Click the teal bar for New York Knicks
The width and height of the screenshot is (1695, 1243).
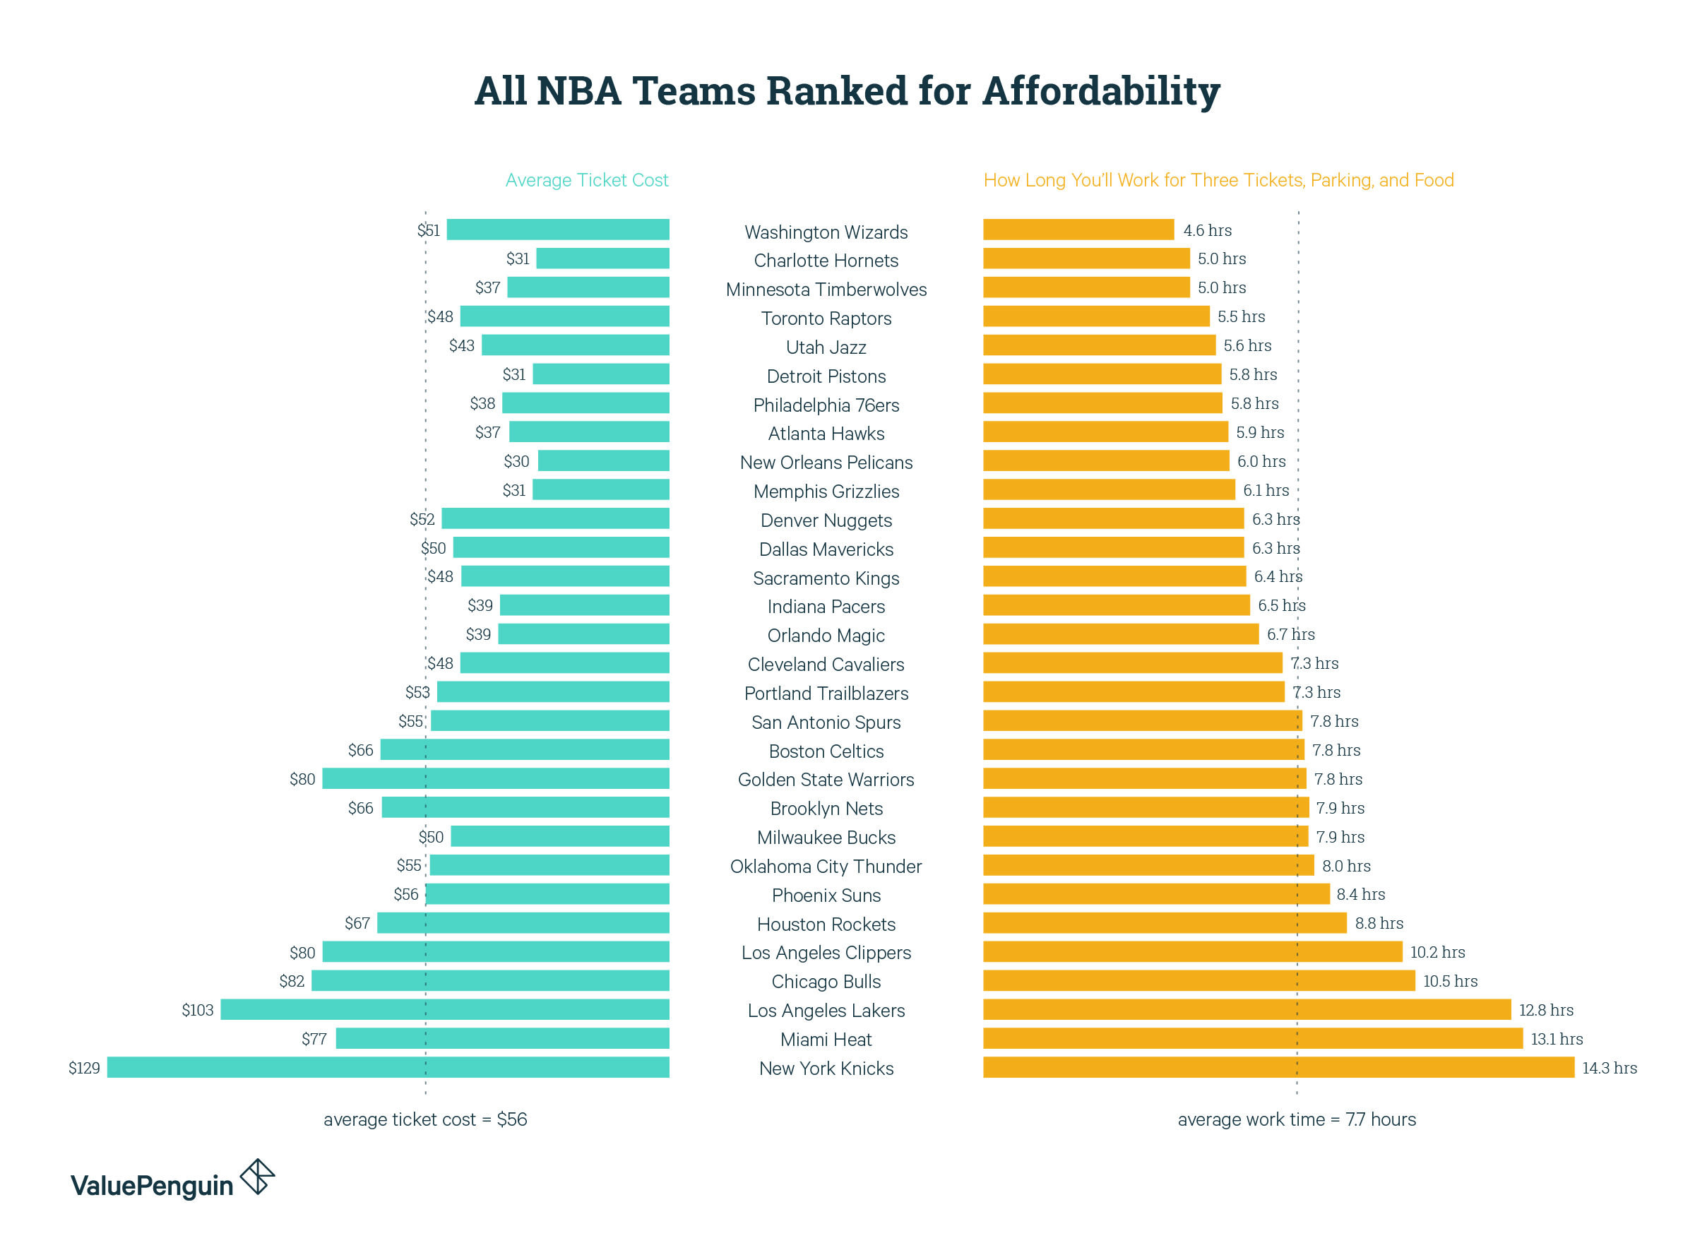coord(388,1067)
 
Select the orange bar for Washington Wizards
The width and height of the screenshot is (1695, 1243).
coord(1077,230)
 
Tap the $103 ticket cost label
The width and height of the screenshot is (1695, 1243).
coord(197,1010)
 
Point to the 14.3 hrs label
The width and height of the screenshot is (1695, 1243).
coord(1608,1068)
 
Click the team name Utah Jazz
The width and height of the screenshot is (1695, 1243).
coord(826,347)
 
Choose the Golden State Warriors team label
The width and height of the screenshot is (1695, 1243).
coord(826,780)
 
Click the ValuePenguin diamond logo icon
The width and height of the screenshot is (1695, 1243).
coord(257,1176)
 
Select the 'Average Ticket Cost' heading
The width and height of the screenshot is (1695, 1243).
coord(586,180)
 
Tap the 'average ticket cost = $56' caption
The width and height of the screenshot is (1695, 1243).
coord(425,1119)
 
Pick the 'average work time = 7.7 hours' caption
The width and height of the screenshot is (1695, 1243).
coord(1295,1119)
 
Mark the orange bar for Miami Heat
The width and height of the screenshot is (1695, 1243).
coord(1252,1038)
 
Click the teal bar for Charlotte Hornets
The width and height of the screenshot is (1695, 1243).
coord(602,258)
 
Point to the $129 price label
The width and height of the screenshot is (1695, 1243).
coord(83,1068)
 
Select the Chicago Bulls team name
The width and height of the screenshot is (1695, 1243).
coord(826,981)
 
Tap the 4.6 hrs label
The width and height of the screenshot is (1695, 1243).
coord(1207,230)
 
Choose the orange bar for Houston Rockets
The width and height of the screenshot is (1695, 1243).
coord(1164,922)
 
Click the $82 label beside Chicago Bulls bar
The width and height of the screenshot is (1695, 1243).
coord(291,981)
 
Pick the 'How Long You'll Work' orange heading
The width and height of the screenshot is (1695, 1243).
coord(1218,180)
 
